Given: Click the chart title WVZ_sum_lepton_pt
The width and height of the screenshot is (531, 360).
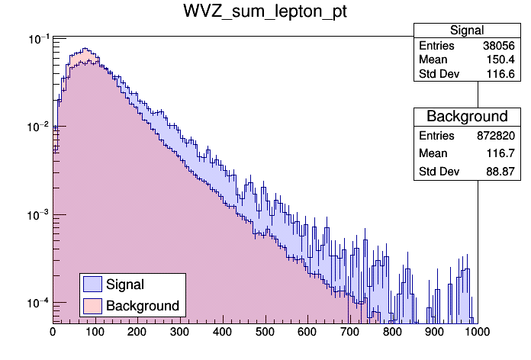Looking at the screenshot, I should pyautogui.click(x=265, y=13).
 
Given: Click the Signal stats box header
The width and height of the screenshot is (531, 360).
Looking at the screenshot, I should pyautogui.click(x=466, y=31).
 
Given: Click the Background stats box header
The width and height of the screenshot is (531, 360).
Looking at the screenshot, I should pyautogui.click(x=466, y=117).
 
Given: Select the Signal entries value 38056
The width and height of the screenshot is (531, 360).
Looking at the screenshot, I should pyautogui.click(x=500, y=46).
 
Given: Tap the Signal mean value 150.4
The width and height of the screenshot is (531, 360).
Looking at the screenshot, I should pyautogui.click(x=504, y=59).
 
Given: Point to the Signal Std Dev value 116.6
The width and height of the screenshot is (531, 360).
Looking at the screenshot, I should pyautogui.click(x=504, y=74).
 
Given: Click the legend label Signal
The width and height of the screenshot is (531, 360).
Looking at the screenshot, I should pyautogui.click(x=125, y=284).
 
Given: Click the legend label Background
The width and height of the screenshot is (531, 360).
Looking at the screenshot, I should pyautogui.click(x=143, y=306).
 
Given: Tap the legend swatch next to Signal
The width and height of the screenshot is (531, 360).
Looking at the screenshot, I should pyautogui.click(x=92, y=284).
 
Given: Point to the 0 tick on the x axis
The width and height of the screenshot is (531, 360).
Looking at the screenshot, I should pyautogui.click(x=53, y=332).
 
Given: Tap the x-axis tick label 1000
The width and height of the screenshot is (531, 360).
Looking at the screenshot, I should pyautogui.click(x=476, y=332).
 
